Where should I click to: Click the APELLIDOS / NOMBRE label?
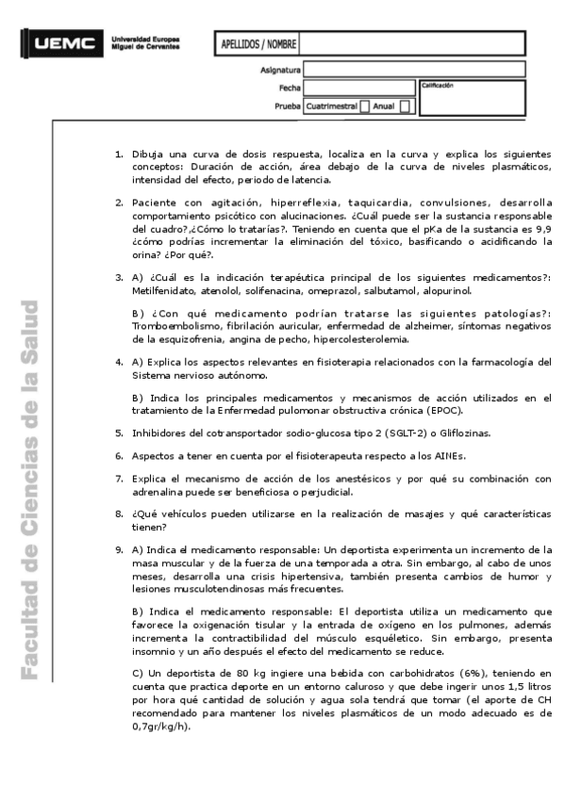click(258, 44)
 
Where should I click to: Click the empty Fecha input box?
click(359, 88)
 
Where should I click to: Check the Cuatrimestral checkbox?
click(365, 106)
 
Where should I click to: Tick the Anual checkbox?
click(405, 106)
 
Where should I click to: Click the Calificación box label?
click(438, 86)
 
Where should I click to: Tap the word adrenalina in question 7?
click(161, 492)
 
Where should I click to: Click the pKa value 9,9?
click(543, 228)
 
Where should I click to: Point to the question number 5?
click(119, 433)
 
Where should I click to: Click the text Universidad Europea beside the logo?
click(145, 40)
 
